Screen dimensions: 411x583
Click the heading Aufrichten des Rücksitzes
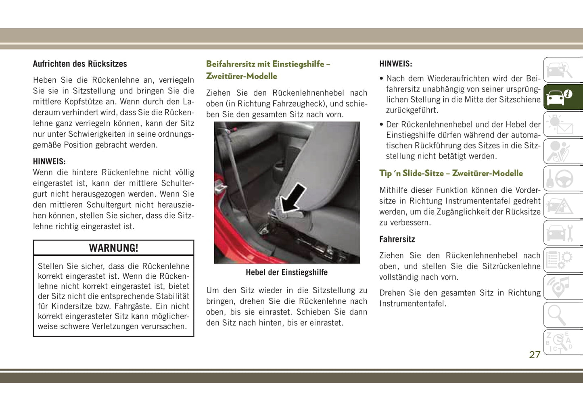pyautogui.click(x=80, y=64)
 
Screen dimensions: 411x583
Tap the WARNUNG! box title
pyautogui.click(x=113, y=248)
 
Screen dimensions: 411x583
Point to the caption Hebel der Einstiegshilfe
pyautogui.click(x=286, y=273)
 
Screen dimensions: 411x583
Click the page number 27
pyautogui.click(x=535, y=355)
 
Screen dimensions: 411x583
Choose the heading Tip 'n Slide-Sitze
pyautogui.click(x=451, y=173)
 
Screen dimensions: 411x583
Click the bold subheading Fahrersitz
pyautogui.click(x=397, y=239)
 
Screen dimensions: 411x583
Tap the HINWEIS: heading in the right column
pyautogui.click(x=395, y=64)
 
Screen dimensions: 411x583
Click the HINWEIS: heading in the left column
pyautogui.click(x=49, y=161)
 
